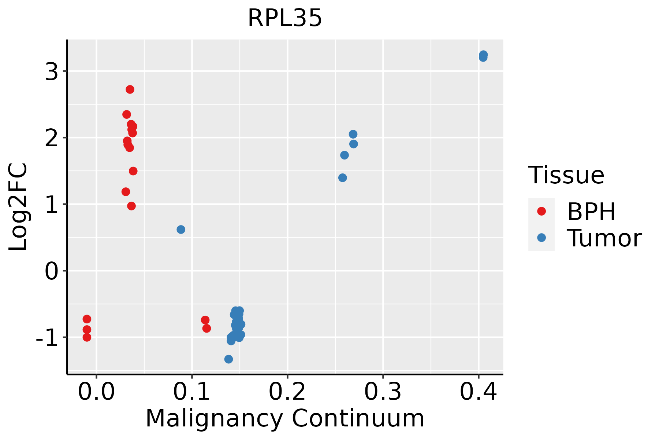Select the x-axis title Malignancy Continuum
point(285,419)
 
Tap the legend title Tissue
point(566,175)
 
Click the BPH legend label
point(591,212)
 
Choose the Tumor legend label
point(604,238)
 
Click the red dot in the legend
point(541,211)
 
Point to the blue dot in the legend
point(541,238)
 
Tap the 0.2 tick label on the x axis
point(287,392)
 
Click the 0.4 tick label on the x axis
point(478,392)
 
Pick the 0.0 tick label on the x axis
point(96,392)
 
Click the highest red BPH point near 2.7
point(130,89)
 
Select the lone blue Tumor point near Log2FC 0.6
point(181,230)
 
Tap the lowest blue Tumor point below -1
point(228,359)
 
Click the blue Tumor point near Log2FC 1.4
point(343,178)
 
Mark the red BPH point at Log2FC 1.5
point(133,171)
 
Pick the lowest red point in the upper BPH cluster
point(131,206)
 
